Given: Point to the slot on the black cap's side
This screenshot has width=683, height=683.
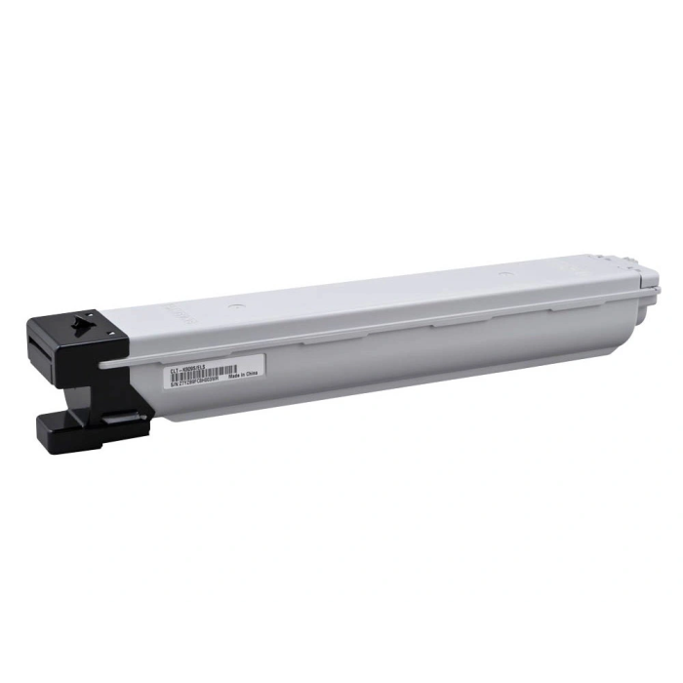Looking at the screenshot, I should [40, 347].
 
